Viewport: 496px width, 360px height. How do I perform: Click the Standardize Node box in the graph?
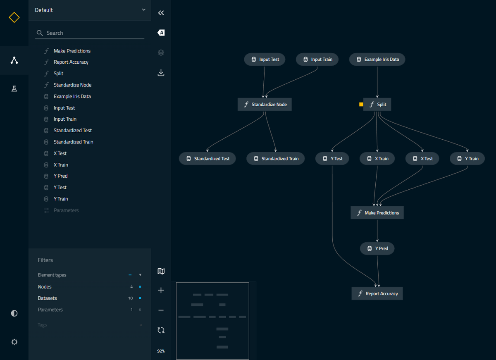tap(265, 104)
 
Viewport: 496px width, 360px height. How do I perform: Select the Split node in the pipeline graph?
tap(377, 104)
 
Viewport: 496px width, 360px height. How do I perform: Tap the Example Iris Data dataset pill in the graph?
tap(377, 60)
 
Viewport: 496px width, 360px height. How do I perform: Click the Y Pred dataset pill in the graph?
tap(377, 248)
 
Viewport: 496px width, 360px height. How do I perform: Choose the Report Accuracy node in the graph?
tap(377, 293)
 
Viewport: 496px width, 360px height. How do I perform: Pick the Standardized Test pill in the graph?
tap(207, 159)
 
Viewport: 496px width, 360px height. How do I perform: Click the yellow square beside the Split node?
tap(361, 104)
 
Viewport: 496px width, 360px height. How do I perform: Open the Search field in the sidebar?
tap(90, 33)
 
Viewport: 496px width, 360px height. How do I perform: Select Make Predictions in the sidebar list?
tap(72, 51)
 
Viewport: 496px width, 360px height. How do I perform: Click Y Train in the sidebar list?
tap(61, 199)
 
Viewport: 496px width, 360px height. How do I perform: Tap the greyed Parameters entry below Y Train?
tap(66, 210)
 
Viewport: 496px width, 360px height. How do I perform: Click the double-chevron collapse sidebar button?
tap(161, 13)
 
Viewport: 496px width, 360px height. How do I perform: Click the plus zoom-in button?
tap(161, 290)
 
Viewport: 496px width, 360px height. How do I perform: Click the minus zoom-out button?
tap(161, 310)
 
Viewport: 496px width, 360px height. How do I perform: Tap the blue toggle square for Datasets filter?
tap(140, 298)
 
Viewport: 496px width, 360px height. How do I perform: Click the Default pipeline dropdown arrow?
tap(144, 10)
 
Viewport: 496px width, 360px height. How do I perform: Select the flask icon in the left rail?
tap(14, 89)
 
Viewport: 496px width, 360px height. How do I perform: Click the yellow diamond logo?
tap(14, 17)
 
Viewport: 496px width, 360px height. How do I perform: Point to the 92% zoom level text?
tap(161, 351)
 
